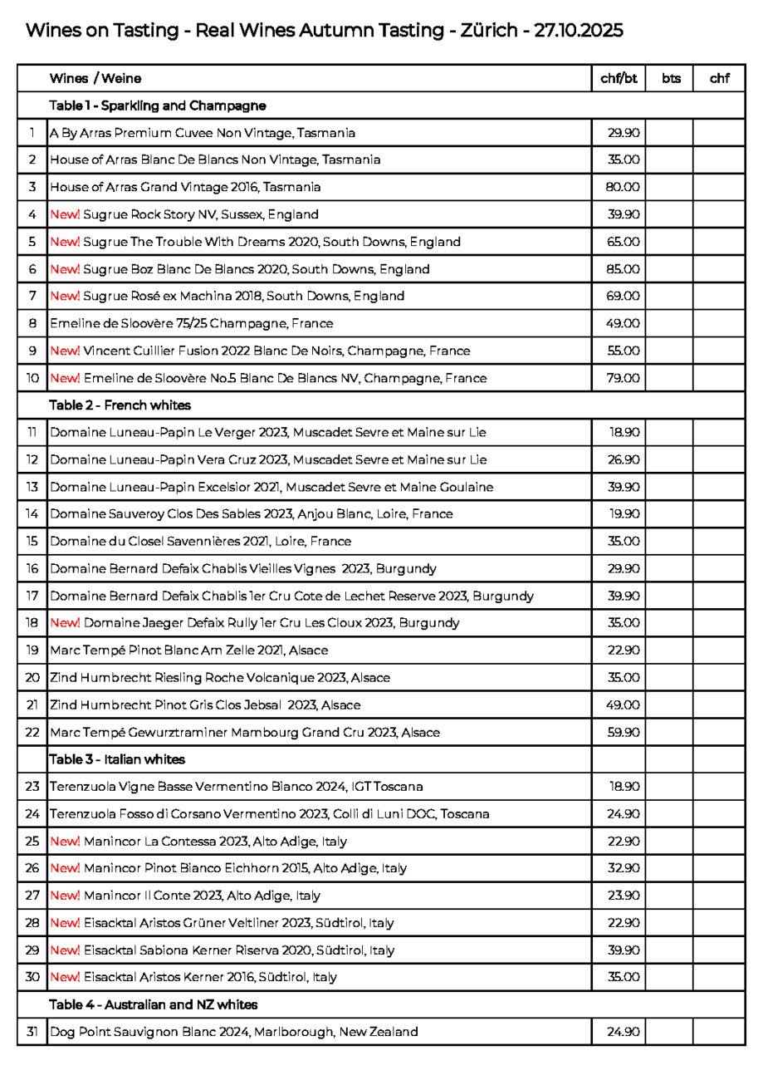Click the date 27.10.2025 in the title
coord(575,32)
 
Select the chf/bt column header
coord(618,80)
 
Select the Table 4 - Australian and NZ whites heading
coord(153,1006)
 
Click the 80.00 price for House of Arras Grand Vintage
coord(618,187)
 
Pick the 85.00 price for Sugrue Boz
coord(618,268)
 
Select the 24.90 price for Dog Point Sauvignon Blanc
coord(618,1033)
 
